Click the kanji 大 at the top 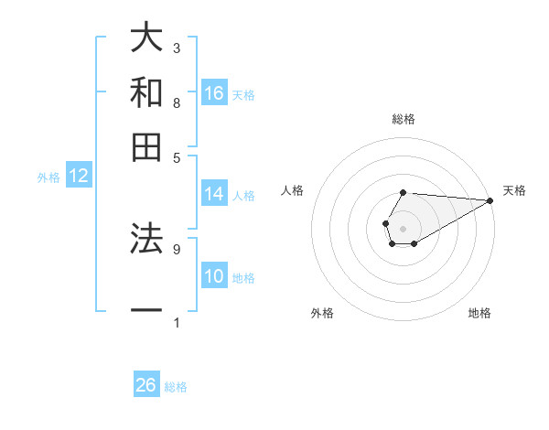[146, 39]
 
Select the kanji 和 [146, 92]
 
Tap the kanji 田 [146, 145]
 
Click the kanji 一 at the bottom [146, 311]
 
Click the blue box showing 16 [214, 93]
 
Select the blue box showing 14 [214, 194]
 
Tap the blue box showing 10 [214, 276]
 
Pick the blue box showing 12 [79, 176]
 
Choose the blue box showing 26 [146, 385]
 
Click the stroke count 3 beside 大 [177, 47]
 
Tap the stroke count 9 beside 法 [177, 248]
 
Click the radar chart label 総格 [404, 119]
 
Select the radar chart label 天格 [514, 190]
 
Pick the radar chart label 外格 [322, 313]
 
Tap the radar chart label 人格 [293, 190]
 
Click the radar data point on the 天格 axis [490, 200]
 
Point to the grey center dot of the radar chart [403, 227]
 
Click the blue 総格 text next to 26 [176, 387]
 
